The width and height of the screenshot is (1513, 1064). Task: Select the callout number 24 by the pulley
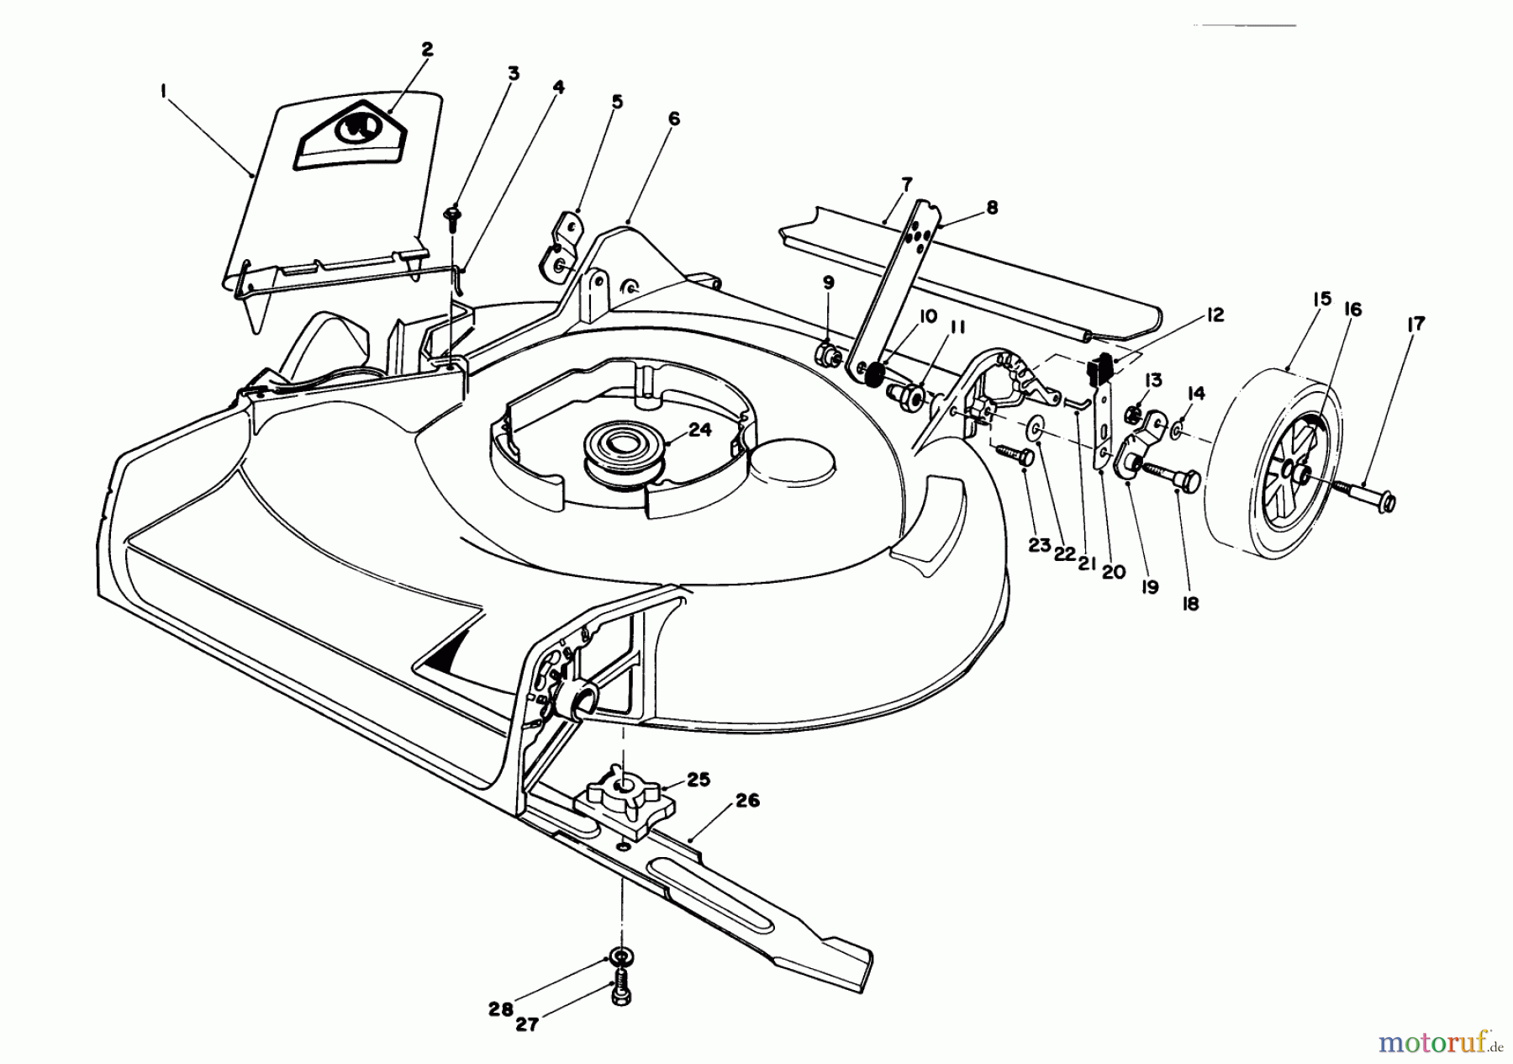699,430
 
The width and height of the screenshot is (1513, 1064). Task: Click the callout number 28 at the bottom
501,1008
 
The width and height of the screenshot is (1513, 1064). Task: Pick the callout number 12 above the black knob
1213,315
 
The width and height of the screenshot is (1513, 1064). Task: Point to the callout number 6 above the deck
673,119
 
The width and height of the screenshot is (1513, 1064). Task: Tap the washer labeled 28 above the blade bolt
620,956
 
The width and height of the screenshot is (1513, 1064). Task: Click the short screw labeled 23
1015,455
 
